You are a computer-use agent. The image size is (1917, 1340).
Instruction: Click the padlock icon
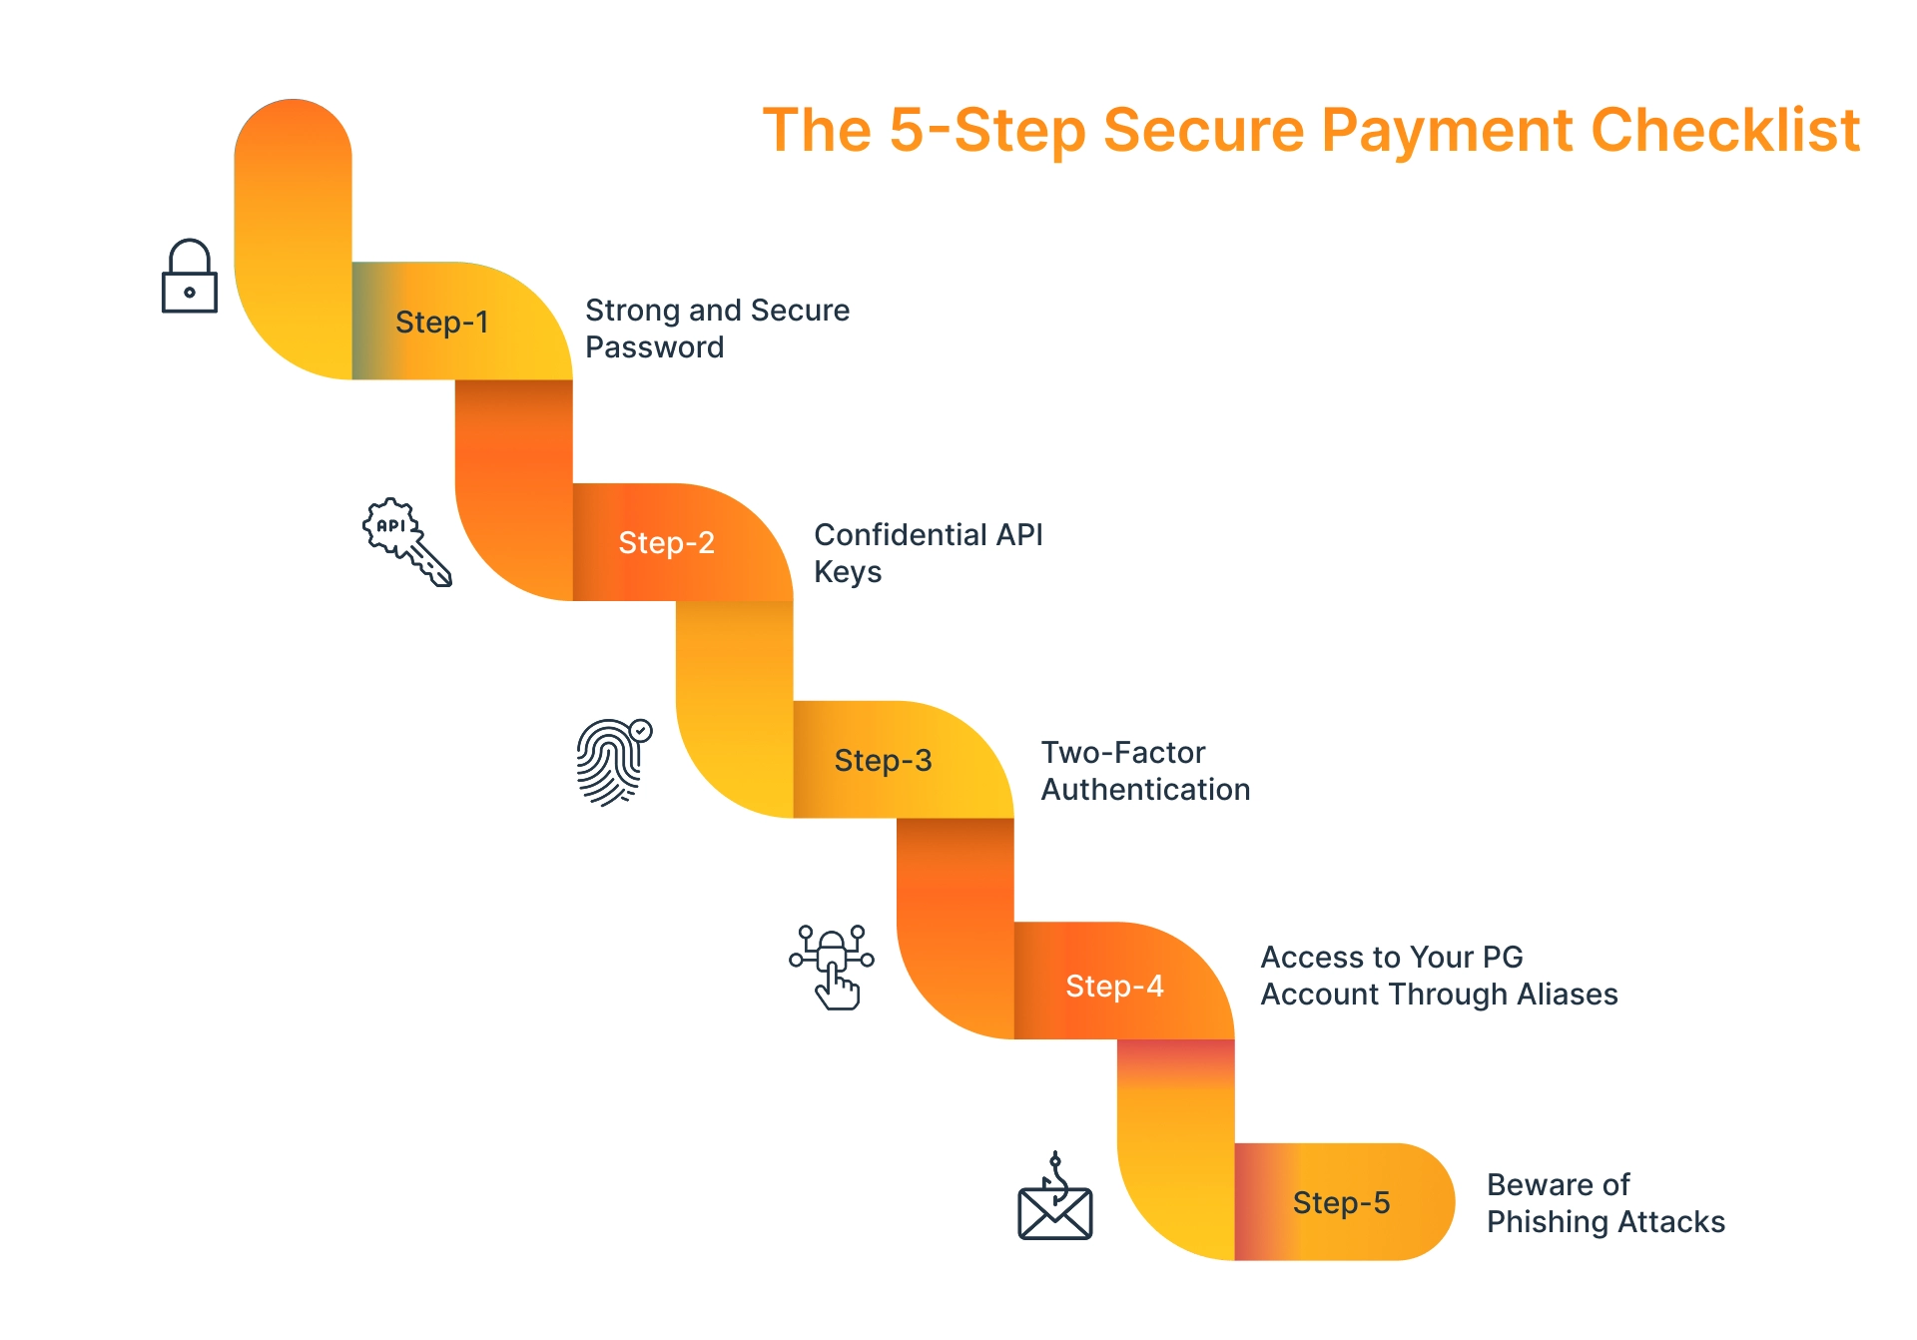coord(190,277)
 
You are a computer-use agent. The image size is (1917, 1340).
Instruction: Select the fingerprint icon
coord(611,763)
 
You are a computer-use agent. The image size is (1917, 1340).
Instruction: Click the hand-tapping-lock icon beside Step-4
coord(832,967)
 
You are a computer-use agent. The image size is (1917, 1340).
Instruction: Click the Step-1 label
coord(441,323)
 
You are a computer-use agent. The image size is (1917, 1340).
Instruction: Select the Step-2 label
coord(666,543)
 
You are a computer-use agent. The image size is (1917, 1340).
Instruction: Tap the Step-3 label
coord(883,761)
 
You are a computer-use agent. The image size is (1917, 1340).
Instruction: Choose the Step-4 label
coord(1114,987)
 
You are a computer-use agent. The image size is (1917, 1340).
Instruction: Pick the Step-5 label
coord(1341,1203)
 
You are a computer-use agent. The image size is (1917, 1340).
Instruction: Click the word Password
coord(654,347)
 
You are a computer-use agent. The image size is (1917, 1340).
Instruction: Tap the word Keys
coord(848,572)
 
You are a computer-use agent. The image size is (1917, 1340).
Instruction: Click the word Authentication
coord(1145,790)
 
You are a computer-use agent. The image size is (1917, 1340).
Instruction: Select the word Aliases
coord(1567,995)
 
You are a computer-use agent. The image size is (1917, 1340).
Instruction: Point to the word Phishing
coord(1546,1222)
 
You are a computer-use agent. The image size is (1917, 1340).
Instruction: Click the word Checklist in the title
coord(1724,131)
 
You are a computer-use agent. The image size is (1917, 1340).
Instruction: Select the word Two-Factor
coord(1122,753)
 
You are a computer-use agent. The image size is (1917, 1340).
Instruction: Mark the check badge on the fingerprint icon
coord(641,731)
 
